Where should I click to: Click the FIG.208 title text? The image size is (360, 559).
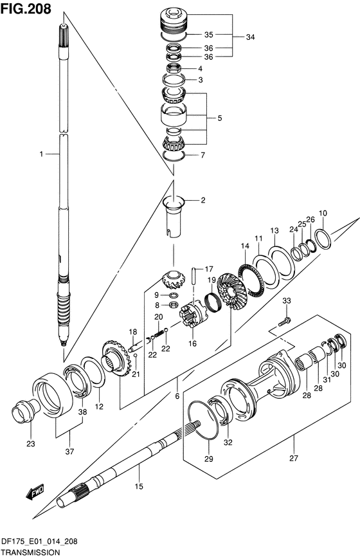[x=26, y=8]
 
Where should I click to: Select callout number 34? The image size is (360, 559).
[x=250, y=37]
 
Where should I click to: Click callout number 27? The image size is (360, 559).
[x=293, y=458]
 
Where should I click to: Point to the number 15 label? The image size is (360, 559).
[x=139, y=486]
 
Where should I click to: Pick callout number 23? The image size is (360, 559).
[x=31, y=444]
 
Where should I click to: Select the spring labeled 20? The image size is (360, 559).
[x=159, y=334]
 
